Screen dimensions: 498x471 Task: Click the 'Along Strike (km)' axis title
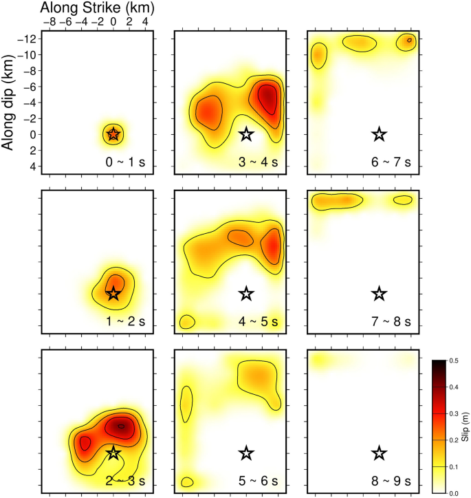[x=97, y=8]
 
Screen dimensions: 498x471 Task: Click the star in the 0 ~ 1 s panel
[x=113, y=134]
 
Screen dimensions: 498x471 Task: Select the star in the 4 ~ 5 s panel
[x=246, y=294]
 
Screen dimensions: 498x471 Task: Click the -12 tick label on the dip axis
[x=26, y=39]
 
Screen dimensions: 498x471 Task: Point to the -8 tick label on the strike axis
[x=50, y=22]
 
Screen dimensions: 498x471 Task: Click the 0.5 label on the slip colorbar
[x=455, y=360]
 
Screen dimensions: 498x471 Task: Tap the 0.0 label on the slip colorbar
[x=455, y=493]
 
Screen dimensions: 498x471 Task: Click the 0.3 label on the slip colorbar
[x=455, y=413]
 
